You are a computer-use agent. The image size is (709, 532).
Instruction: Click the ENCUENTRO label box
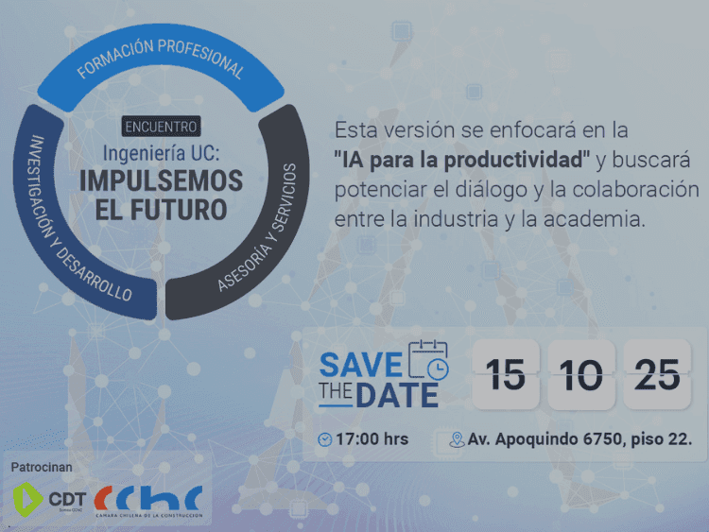[x=161, y=126]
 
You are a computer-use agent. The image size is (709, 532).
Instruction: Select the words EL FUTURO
[x=161, y=210]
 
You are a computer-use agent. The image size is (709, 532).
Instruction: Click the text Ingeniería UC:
[x=161, y=151]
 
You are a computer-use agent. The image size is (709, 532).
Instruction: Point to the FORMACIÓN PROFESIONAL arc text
[x=161, y=59]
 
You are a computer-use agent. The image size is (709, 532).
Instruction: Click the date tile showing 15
[x=507, y=375]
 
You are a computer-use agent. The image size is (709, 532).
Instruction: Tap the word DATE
[x=396, y=395]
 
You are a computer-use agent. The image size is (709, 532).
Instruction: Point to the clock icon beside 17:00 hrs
[x=324, y=439]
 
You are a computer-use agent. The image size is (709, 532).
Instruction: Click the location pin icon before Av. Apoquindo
[x=457, y=439]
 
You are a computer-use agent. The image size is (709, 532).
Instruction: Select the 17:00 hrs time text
[x=372, y=439]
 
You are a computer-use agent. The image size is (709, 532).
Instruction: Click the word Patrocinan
[x=42, y=467]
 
